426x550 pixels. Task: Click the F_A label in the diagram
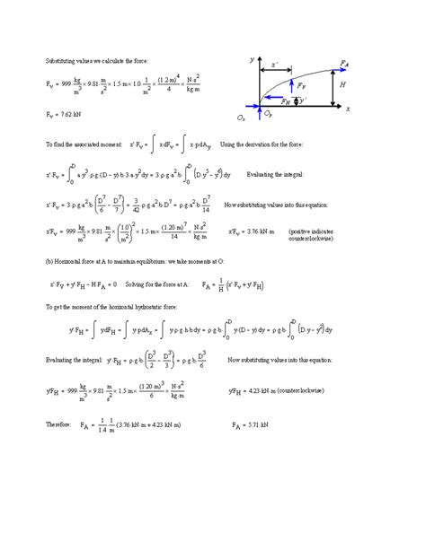tap(344, 64)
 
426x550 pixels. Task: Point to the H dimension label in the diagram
tap(343, 84)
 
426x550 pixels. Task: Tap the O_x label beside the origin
tap(242, 118)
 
